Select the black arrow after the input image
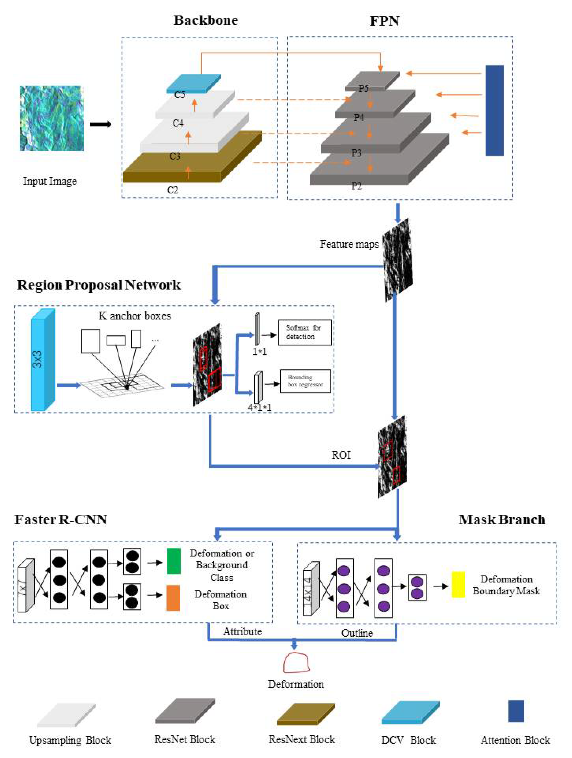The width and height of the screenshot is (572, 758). (100, 124)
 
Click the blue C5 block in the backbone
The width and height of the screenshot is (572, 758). (194, 84)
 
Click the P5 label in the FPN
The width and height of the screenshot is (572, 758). (363, 88)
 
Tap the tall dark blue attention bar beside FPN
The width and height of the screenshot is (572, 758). (494, 110)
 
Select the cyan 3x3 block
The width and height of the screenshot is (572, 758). (42, 360)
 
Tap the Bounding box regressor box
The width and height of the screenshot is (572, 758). (305, 381)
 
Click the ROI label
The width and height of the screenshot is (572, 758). (341, 455)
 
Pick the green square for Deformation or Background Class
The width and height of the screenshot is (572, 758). (174, 561)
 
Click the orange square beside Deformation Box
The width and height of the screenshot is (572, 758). (173, 598)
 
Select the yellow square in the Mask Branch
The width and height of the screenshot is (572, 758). (458, 584)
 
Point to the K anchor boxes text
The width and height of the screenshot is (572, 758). (135, 315)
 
